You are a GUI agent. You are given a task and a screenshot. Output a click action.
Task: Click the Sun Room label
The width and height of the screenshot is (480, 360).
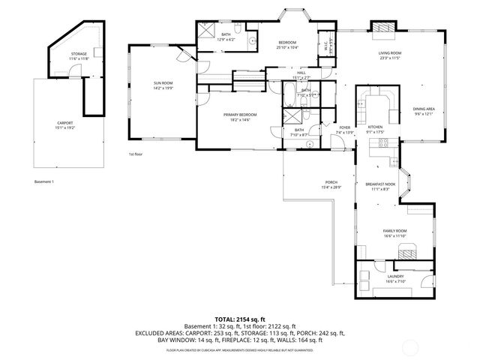pos(163,85)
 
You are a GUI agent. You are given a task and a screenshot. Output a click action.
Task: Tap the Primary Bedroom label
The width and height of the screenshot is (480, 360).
pos(241,116)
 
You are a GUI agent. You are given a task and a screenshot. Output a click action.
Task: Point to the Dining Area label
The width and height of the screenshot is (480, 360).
pos(424,111)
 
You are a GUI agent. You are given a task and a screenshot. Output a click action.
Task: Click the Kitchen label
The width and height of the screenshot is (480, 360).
pos(375,129)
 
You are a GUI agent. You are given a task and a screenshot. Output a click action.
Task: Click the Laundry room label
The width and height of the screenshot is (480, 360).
pos(395,278)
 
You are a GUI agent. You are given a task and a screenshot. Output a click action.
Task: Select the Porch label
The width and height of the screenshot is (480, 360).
pos(331,184)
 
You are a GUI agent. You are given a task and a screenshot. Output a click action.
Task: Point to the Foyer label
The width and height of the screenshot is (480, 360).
pos(345,130)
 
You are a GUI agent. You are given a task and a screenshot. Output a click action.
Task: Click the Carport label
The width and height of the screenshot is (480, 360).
pos(66,125)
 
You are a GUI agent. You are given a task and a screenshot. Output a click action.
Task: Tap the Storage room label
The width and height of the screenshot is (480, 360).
pos(79,56)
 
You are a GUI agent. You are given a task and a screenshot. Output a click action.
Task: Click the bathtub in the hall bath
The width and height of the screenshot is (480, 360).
pos(289,95)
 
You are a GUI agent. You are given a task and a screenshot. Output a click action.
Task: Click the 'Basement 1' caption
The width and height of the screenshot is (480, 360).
pos(45,181)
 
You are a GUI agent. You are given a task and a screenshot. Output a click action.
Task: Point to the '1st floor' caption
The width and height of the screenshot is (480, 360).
pos(136,154)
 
